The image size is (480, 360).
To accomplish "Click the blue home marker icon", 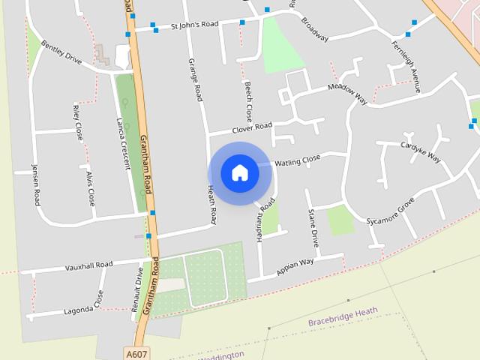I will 240,173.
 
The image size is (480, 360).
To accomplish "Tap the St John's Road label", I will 194,25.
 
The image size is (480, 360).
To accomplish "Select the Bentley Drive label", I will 61,52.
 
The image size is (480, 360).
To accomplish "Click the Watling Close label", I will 297,160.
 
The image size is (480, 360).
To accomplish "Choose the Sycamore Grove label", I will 390,211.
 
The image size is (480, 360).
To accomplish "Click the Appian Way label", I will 295,266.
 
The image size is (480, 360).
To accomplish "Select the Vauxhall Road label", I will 88,265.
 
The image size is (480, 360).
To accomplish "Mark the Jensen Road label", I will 35,184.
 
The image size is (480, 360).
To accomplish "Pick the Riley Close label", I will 78,122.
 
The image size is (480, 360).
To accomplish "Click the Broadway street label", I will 314,29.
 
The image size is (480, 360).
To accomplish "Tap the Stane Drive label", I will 313,229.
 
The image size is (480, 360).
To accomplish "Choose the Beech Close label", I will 248,102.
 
